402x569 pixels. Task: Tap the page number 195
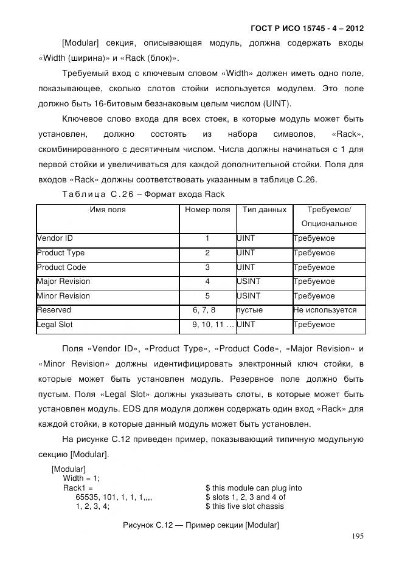[358, 536]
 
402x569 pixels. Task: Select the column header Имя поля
[108, 210]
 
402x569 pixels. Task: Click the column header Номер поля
[207, 210]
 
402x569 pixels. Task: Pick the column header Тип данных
[264, 210]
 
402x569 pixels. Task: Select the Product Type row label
[61, 253]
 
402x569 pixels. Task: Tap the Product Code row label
[61, 267]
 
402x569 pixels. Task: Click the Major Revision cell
[63, 281]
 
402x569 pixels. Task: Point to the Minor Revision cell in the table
[63, 296]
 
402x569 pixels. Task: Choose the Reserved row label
[54, 310]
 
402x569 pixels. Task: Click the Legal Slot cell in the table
[55, 325]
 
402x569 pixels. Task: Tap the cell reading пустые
[249, 310]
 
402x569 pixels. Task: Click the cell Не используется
[325, 310]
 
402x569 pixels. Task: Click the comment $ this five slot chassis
[244, 506]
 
